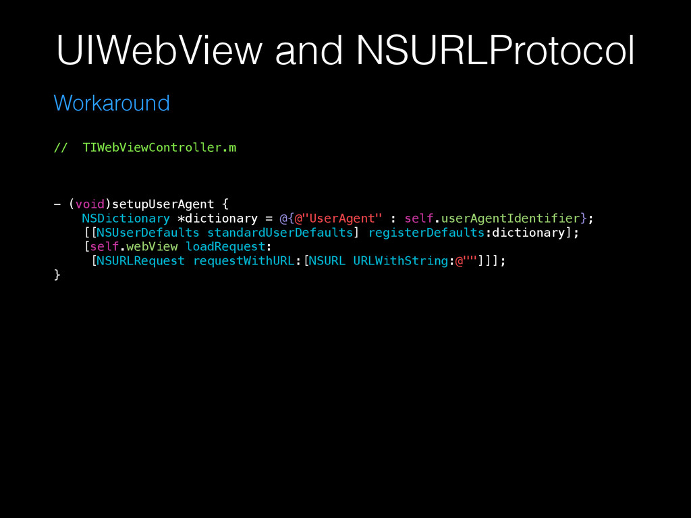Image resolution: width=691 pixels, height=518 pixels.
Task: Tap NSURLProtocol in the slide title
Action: (495, 51)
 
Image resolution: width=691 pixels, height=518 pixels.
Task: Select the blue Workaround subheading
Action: (111, 103)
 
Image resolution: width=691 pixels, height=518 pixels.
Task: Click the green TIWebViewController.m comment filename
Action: (159, 148)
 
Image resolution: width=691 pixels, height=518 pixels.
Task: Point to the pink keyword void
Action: (89, 204)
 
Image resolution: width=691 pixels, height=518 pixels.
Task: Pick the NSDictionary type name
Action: (126, 218)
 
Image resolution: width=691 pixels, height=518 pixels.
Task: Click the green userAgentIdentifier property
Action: (510, 218)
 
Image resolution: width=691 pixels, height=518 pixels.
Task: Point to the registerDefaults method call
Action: (426, 232)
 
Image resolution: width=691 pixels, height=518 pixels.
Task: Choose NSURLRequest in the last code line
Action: (140, 260)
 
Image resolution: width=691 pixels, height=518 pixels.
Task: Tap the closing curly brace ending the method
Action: (57, 275)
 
